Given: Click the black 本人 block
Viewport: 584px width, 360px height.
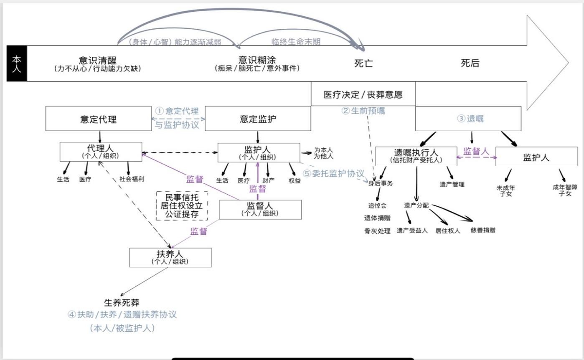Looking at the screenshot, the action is (17, 63).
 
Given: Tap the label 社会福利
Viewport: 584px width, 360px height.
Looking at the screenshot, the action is (132, 179).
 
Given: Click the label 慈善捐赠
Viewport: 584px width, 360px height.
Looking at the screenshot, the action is (483, 230).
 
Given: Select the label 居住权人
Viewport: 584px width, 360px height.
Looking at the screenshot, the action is (448, 231).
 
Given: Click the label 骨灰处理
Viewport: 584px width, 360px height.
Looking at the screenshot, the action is (377, 231).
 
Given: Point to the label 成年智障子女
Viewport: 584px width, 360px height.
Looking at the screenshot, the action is (565, 190).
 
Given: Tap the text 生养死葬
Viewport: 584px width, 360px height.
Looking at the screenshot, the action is (122, 303).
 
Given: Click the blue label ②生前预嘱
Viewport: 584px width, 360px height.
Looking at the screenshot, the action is (363, 111).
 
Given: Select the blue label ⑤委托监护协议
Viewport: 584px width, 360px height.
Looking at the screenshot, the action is (333, 173).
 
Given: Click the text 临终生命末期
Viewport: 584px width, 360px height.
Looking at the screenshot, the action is (296, 42).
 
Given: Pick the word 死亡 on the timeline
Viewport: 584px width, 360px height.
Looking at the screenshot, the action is (363, 63).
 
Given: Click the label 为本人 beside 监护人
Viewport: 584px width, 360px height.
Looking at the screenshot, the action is (323, 150).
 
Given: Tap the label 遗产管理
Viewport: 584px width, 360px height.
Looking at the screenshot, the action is (452, 184).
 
